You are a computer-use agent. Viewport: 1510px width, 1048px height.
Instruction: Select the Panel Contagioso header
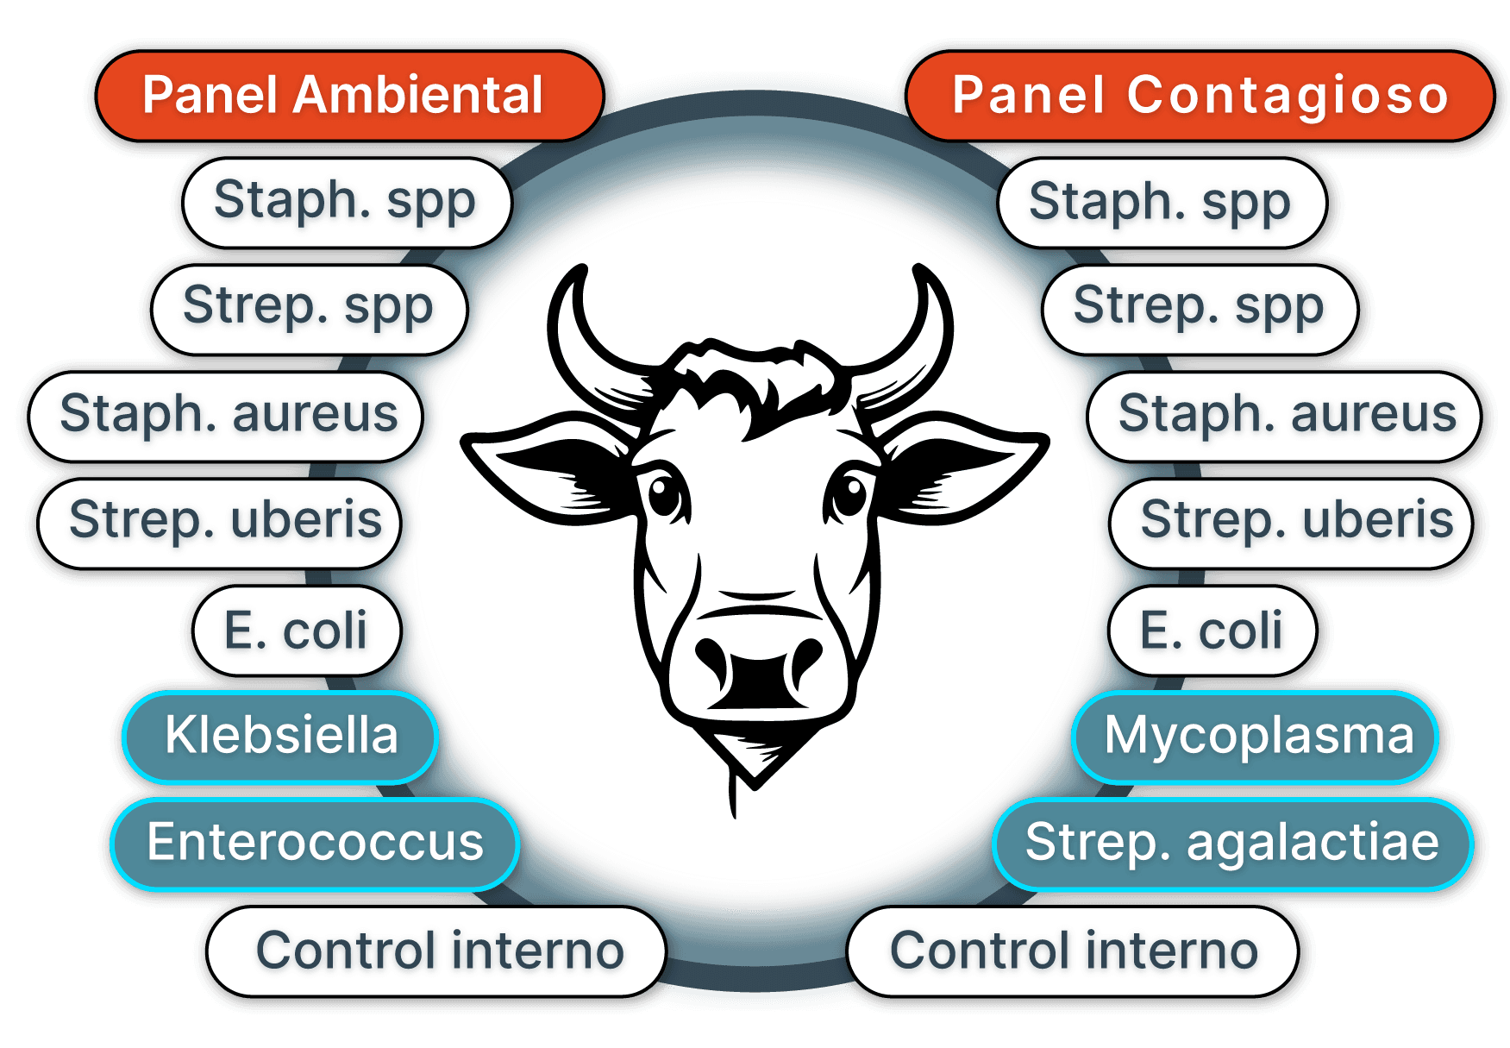1199,96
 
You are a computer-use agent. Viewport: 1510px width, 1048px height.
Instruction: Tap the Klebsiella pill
280,737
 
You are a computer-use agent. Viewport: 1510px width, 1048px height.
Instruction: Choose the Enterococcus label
315,844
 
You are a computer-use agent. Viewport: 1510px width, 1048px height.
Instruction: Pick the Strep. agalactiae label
1231,844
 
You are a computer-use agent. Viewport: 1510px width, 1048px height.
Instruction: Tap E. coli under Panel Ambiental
297,631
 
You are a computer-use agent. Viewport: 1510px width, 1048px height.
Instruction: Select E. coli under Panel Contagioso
1211,631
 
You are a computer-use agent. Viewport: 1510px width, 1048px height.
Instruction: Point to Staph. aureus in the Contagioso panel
1285,415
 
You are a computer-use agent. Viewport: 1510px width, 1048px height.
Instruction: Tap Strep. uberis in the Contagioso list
1294,521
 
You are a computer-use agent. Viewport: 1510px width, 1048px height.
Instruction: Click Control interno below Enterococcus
438,951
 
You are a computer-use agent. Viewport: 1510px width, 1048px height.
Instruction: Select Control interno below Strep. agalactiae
1073,951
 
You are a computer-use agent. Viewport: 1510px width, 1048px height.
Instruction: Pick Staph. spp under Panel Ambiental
345,202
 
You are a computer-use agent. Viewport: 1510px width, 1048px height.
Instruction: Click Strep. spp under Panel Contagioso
1199,308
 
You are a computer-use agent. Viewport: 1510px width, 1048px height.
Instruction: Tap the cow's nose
757,668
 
